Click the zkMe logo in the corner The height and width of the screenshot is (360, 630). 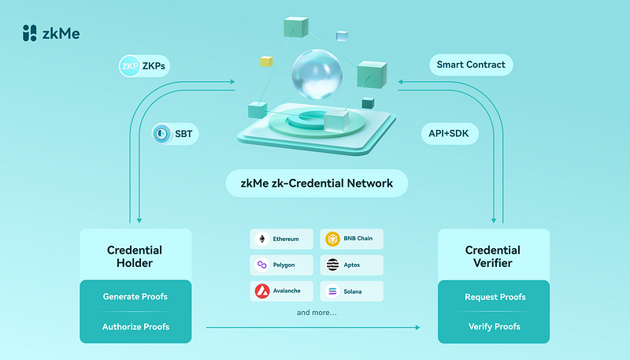[51, 33]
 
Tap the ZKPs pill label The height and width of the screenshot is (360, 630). [144, 66]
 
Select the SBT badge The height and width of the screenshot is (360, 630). [175, 134]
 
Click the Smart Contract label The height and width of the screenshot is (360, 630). [471, 65]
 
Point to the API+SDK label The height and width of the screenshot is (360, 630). [450, 133]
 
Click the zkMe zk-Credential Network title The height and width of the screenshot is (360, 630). [317, 184]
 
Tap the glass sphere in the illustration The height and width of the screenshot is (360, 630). [317, 74]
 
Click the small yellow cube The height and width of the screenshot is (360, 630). [266, 61]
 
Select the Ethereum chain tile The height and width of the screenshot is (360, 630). [281, 239]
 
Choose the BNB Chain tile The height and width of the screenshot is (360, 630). [351, 239]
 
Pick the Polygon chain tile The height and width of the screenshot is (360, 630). [281, 265]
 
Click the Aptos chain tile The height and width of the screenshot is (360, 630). [351, 265]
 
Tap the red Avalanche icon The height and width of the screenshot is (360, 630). [262, 291]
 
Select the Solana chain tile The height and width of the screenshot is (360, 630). [351, 291]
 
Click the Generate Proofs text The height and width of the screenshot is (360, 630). [135, 296]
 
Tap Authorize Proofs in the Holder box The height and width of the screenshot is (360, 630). [135, 327]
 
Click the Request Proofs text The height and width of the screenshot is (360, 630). [495, 297]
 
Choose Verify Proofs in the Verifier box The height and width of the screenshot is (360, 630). [495, 327]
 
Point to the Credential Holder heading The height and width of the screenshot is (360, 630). [135, 256]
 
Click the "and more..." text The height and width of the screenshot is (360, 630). [317, 313]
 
